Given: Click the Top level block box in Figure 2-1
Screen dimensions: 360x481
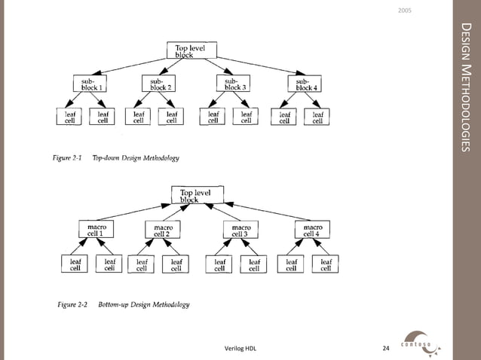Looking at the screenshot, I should pos(191,50).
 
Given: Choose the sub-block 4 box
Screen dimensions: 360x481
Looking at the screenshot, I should pos(305,84).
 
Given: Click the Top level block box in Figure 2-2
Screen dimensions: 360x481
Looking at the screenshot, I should pos(197,195).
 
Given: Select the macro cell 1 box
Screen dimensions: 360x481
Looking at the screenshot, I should pos(96,229).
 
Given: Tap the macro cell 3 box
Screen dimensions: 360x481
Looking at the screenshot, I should pos(241,230).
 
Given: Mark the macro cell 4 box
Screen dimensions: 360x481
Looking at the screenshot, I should pos(313,229).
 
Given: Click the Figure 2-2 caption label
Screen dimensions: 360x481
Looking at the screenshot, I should pos(72,304).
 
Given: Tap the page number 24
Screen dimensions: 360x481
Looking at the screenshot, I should pos(386,348).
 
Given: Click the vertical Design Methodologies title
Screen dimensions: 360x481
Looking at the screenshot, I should pos(465,87).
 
